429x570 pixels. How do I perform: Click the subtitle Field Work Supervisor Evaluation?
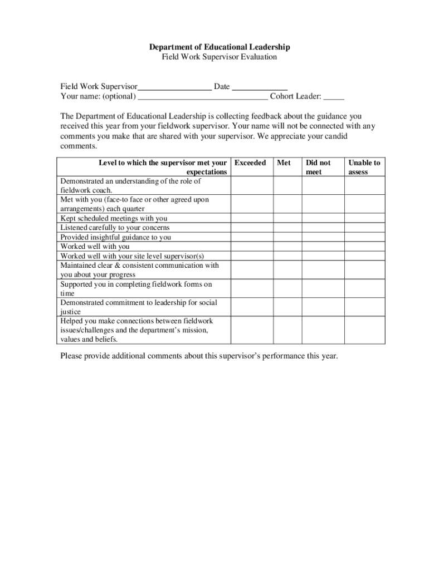coord(214,57)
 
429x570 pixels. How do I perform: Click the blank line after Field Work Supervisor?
coord(174,87)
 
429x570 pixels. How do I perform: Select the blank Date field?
coord(259,87)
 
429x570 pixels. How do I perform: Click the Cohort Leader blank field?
coord(334,97)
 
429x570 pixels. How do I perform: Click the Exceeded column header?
coord(250,163)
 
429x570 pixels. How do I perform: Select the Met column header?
coord(284,163)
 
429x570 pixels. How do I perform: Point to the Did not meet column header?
coord(318,168)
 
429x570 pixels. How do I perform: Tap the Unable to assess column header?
coord(364,168)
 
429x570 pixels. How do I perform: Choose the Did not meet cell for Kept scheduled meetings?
coord(323,218)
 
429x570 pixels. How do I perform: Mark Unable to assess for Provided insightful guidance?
coord(364,237)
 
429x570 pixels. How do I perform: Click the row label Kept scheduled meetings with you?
coord(114,218)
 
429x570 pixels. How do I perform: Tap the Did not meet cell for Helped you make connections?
coord(323,330)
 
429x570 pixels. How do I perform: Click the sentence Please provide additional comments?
coord(199,356)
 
